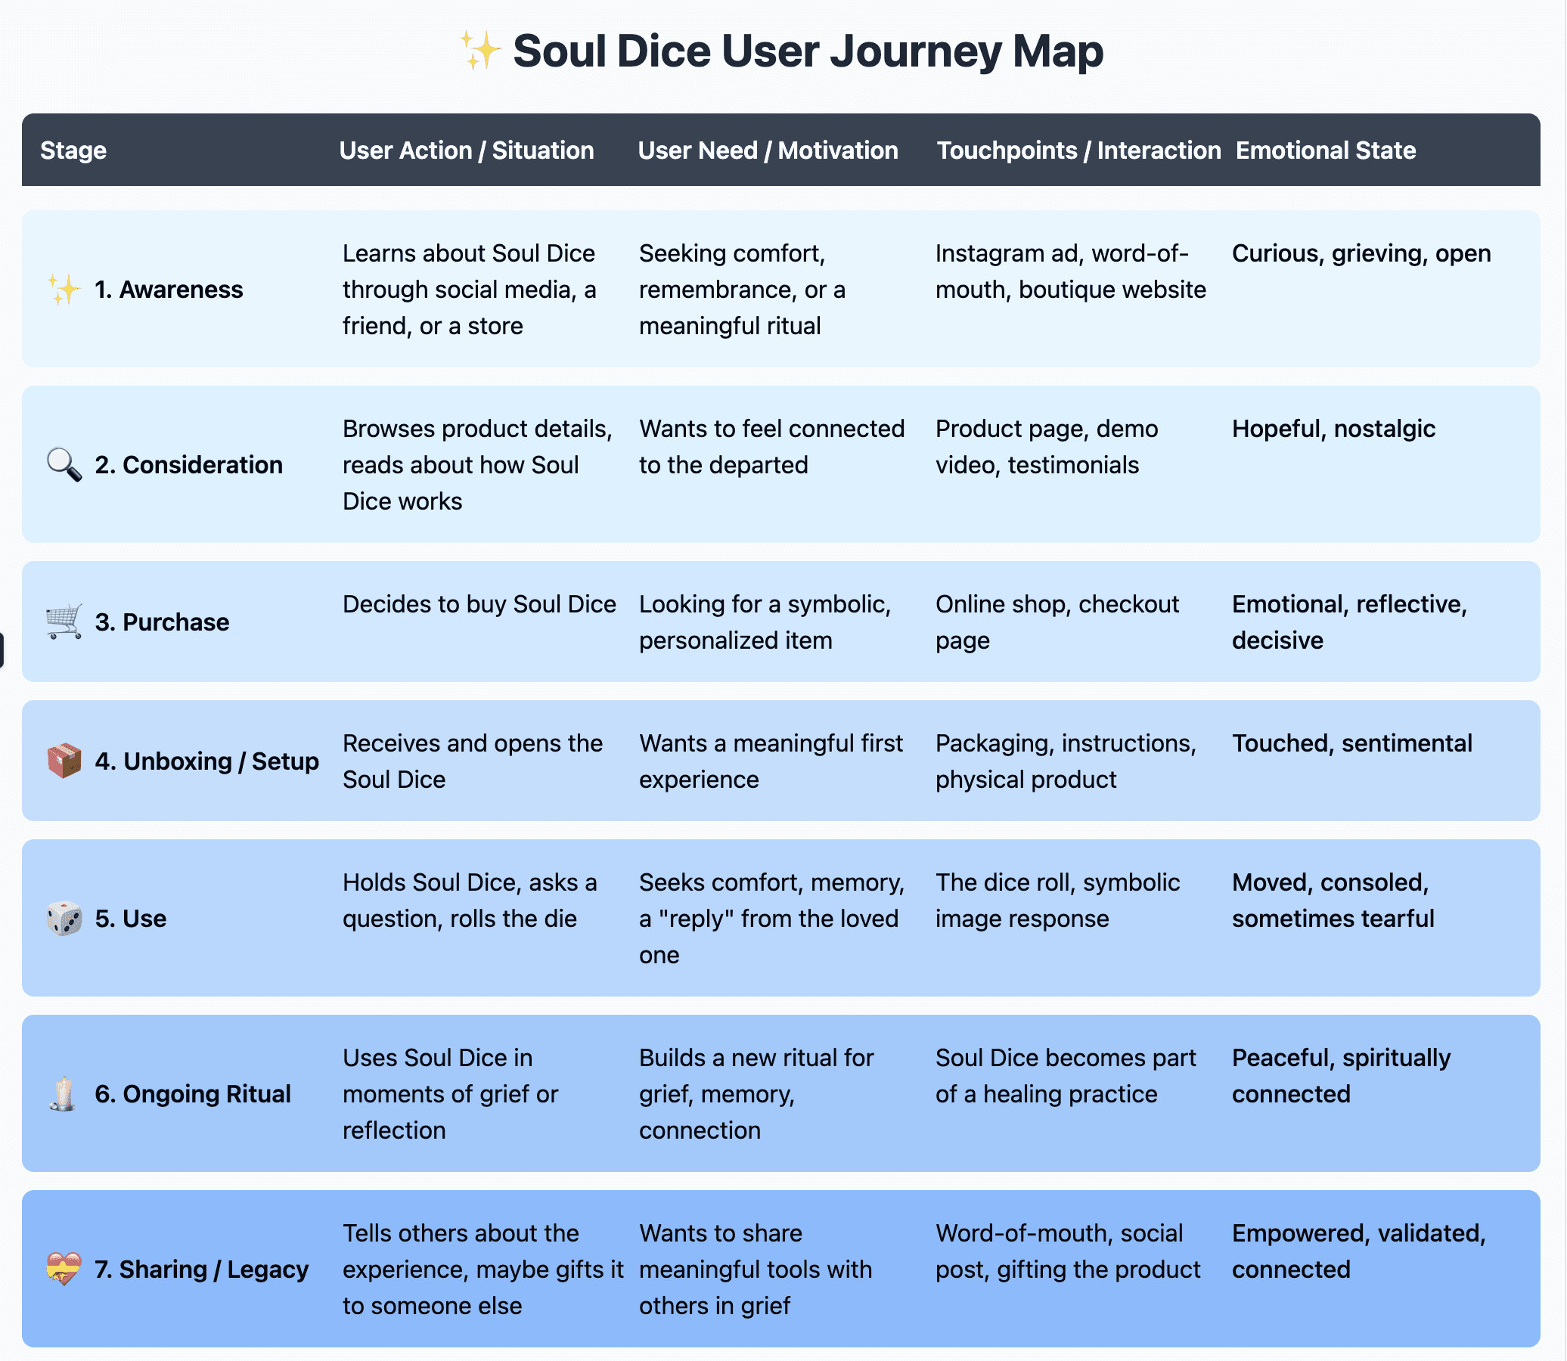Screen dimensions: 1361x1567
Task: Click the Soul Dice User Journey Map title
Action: click(808, 51)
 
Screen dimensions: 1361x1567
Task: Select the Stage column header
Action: click(73, 150)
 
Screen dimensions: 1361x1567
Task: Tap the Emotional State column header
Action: click(1325, 150)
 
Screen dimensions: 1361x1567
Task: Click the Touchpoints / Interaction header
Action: click(1078, 150)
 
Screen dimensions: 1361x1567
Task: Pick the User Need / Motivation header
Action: click(767, 150)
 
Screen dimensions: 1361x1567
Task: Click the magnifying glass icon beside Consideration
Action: click(64, 465)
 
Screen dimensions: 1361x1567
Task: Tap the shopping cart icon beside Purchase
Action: click(64, 622)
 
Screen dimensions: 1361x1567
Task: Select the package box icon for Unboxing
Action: click(64, 761)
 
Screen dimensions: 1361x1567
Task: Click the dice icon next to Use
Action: click(64, 918)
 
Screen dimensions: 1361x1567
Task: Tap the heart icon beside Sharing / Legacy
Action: click(64, 1269)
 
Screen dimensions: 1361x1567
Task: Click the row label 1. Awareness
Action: click(168, 290)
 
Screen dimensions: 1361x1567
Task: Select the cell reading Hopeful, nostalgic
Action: click(1333, 429)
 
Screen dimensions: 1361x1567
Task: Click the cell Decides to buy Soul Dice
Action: click(479, 605)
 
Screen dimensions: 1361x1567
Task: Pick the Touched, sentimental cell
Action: click(1351, 743)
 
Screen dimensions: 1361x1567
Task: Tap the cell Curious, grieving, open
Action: click(1361, 253)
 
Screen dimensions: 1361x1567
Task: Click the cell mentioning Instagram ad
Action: click(1069, 271)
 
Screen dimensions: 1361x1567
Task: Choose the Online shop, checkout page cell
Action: click(1057, 622)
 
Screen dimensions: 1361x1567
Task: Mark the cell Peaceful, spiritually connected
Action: click(1341, 1075)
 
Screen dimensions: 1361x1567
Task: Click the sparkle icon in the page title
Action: click(480, 51)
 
